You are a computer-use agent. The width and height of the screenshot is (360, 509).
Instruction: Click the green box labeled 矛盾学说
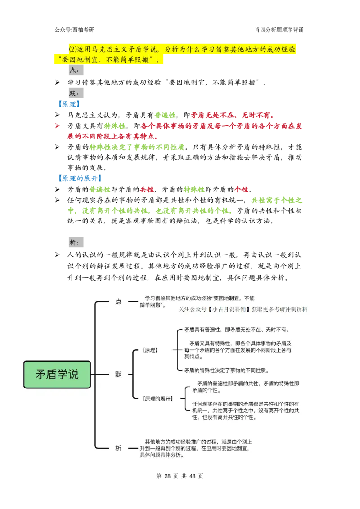[57, 374]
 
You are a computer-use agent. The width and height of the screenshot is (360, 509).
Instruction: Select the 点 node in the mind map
[118, 302]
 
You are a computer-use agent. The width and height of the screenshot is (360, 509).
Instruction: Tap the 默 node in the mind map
[118, 374]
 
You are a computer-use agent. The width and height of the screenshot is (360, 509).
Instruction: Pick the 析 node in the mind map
[118, 448]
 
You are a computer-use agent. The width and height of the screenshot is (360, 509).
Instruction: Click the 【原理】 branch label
[150, 350]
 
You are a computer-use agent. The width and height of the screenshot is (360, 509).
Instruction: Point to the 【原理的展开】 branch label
[157, 398]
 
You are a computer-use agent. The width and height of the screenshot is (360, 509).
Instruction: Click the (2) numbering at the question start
[73, 49]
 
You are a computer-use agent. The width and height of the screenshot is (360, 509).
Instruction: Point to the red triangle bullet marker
[57, 126]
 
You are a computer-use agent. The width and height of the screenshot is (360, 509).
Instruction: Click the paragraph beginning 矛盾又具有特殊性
[238, 350]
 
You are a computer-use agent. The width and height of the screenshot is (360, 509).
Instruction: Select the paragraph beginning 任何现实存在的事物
[245, 410]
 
